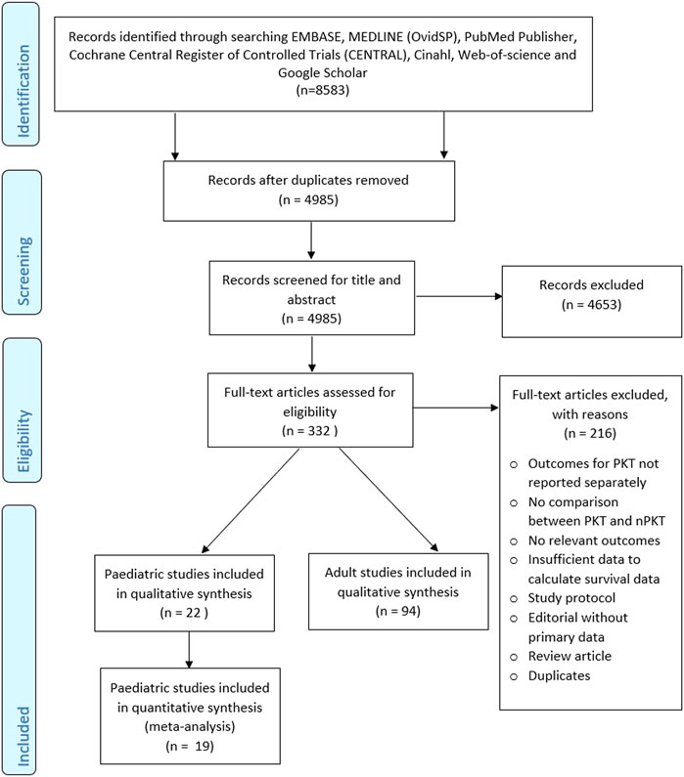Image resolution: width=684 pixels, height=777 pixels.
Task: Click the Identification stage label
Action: pos(23,91)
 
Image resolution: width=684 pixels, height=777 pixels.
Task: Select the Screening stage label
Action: pos(23,271)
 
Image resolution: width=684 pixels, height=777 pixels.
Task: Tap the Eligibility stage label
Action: pos(23,441)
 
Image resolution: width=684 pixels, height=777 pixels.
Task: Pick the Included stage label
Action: pos(23,736)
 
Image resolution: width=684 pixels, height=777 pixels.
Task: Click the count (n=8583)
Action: pos(322,90)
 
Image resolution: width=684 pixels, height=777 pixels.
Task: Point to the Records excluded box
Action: pos(592,301)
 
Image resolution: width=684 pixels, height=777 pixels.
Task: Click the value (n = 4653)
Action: pos(591,304)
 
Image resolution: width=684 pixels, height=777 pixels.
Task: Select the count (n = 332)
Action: pos(309,431)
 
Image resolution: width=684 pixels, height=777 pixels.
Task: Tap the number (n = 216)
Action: pos(590,433)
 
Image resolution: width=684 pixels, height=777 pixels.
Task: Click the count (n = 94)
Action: pos(398,611)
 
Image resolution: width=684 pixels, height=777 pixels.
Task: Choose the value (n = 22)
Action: pos(184,613)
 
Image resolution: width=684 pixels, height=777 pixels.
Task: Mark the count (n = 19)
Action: pos(190,746)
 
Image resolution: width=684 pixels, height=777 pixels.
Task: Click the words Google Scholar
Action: pos(322,72)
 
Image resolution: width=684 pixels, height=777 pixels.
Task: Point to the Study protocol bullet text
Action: pos(571,597)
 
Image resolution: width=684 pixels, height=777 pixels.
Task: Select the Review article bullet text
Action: pos(570,656)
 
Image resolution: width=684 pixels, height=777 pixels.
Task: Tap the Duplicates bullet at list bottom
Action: pos(559,675)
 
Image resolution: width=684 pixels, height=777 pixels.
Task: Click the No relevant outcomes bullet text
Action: pos(594,540)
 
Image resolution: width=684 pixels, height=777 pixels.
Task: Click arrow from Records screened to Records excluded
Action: pos(459,296)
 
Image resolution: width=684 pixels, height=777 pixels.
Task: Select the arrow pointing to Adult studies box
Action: pos(388,499)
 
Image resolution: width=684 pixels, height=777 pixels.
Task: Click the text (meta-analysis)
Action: pos(190,726)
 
